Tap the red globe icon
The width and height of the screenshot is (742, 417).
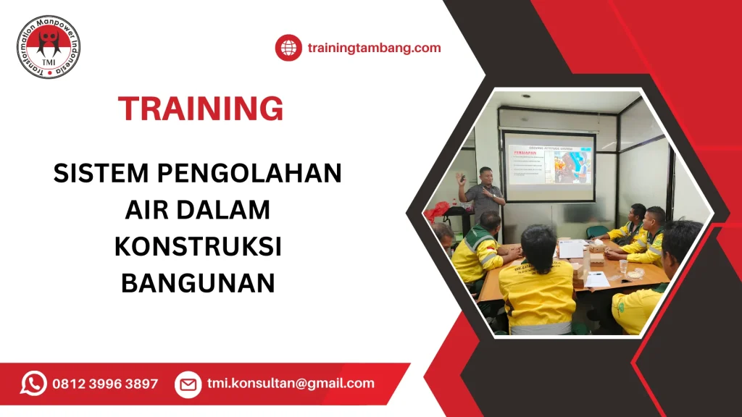[x=288, y=48]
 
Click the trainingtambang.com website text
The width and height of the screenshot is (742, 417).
[x=374, y=49]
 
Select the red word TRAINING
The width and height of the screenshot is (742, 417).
[x=201, y=109]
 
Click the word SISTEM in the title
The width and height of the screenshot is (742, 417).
[x=99, y=174]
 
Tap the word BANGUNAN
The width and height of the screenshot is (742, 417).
[x=198, y=282]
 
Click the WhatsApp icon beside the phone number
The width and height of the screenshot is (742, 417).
[x=33, y=383]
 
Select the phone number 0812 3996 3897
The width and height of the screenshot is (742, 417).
[x=105, y=384]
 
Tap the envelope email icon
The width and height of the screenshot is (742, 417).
[x=188, y=384]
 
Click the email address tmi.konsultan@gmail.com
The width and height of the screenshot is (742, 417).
[x=291, y=384]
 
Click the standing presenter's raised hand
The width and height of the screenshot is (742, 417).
[x=461, y=177]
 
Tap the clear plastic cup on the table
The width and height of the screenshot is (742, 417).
[x=622, y=266]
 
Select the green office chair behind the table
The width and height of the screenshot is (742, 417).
[x=596, y=232]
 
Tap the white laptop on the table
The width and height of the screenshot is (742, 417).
[x=572, y=248]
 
